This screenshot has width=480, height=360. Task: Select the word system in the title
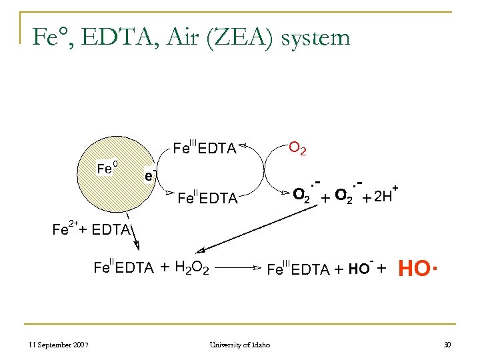[315, 38]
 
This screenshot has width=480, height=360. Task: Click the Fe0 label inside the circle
[107, 168]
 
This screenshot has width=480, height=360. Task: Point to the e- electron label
[151, 175]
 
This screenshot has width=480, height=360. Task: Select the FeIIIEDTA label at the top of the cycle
[205, 148]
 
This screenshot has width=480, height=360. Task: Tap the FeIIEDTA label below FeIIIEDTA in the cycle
[207, 198]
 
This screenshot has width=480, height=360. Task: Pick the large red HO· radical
[417, 269]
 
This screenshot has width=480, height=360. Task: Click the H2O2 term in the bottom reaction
[192, 269]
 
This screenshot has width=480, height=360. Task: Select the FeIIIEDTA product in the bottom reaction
[298, 269]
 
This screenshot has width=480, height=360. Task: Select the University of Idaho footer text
[239, 345]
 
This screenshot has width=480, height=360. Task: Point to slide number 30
[447, 345]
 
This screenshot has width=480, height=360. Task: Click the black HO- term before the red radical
[360, 269]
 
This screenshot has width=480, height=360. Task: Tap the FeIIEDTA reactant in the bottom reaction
[123, 268]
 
